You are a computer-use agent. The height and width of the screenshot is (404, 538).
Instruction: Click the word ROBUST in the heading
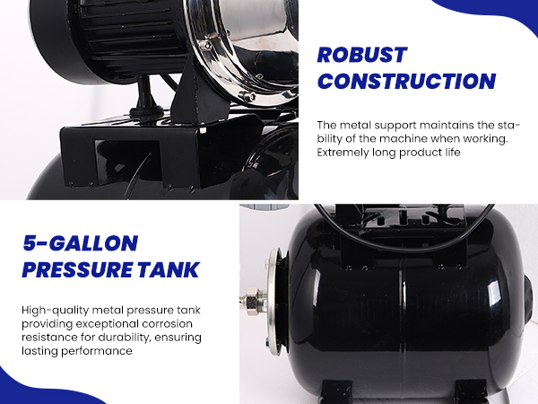click(362, 55)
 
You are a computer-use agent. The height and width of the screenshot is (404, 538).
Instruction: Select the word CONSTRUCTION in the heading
click(406, 81)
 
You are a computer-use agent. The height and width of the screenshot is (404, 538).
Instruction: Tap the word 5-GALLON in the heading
click(81, 243)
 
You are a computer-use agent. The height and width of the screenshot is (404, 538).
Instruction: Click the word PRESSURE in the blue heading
click(77, 269)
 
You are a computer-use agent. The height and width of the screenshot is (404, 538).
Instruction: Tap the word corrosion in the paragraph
click(168, 324)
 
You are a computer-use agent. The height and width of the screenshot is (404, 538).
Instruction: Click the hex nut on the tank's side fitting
click(252, 295)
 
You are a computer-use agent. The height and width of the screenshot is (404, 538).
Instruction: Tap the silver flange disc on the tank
click(273, 302)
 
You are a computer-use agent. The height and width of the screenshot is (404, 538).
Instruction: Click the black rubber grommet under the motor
click(146, 111)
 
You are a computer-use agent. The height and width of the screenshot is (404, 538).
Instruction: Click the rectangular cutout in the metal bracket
click(127, 162)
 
